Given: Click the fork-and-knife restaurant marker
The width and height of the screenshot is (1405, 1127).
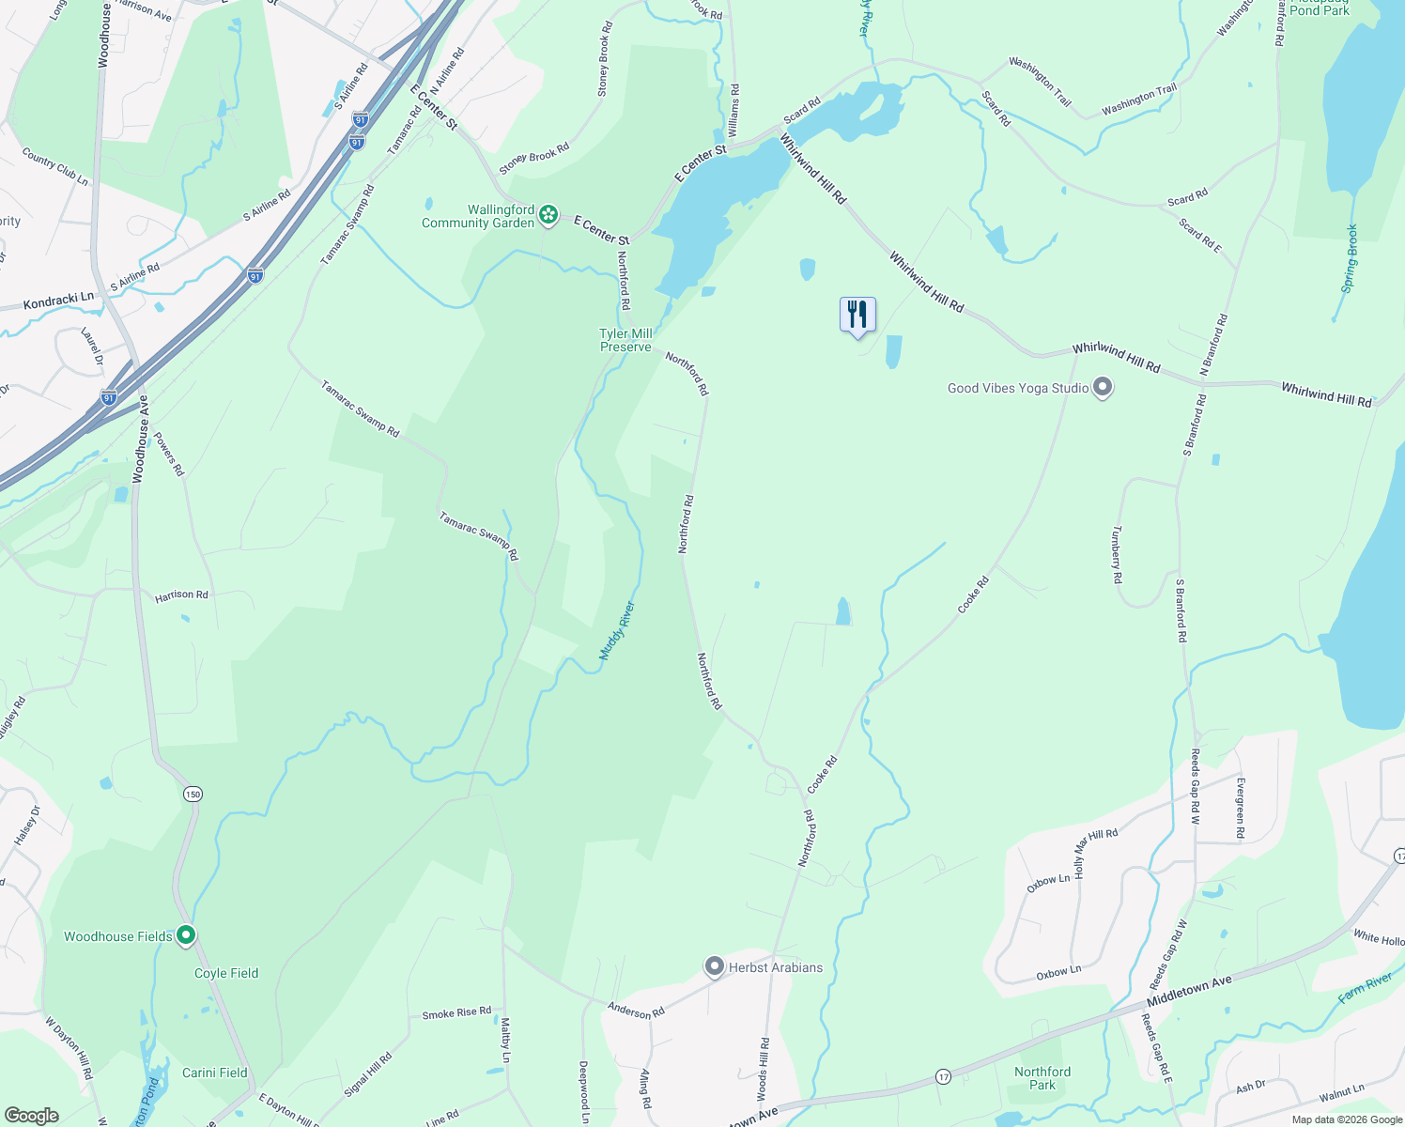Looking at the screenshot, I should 857,315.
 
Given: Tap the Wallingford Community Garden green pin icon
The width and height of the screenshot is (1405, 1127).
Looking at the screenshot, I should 548,217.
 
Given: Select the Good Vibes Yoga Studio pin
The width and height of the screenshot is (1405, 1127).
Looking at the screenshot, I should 1103,388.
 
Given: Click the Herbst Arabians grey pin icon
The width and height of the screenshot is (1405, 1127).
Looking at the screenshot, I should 715,966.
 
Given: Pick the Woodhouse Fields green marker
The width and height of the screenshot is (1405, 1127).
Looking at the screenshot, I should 186,935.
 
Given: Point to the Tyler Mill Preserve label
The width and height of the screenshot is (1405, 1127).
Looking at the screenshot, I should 625,340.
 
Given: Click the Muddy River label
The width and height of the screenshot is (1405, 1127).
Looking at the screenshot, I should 618,630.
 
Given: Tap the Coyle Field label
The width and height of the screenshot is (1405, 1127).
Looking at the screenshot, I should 226,973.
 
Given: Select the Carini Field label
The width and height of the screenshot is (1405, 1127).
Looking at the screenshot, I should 215,1073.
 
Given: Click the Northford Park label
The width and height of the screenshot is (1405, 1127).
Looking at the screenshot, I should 1042,1078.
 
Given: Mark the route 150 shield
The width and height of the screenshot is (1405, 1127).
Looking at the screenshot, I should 192,795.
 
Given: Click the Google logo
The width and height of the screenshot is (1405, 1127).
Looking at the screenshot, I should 31,1115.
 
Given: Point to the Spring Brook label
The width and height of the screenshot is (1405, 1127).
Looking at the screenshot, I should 1350,258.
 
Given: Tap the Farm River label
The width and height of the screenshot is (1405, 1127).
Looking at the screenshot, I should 1366,988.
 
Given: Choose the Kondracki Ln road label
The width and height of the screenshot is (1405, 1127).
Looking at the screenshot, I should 58,301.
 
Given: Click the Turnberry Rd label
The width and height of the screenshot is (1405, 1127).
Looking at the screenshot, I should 1117,554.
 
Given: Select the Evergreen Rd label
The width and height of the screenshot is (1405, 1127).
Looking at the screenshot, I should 1240,808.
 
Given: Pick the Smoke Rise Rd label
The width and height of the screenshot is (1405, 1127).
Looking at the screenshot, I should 456,1013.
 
